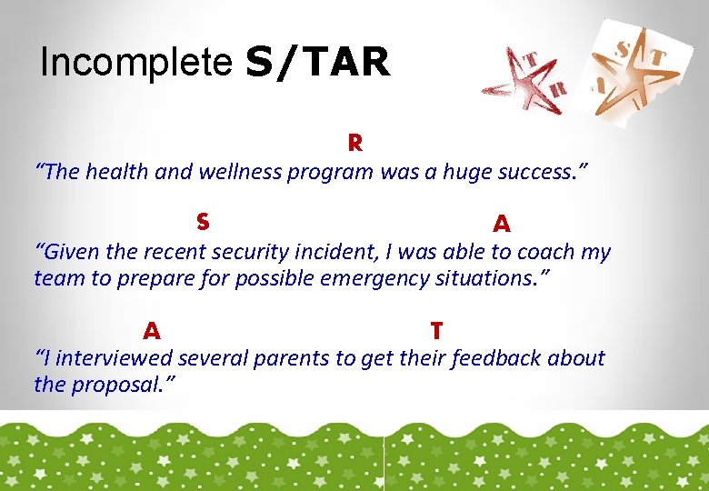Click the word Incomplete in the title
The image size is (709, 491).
pos(137,63)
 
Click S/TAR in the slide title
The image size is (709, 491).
pos(317,63)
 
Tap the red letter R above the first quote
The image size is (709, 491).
pos(354,144)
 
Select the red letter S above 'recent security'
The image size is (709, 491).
pos(203,222)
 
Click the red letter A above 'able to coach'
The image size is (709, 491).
pos(501,224)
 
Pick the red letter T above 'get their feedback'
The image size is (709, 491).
pos(436,329)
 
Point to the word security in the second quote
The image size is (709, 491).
pos(273,252)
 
